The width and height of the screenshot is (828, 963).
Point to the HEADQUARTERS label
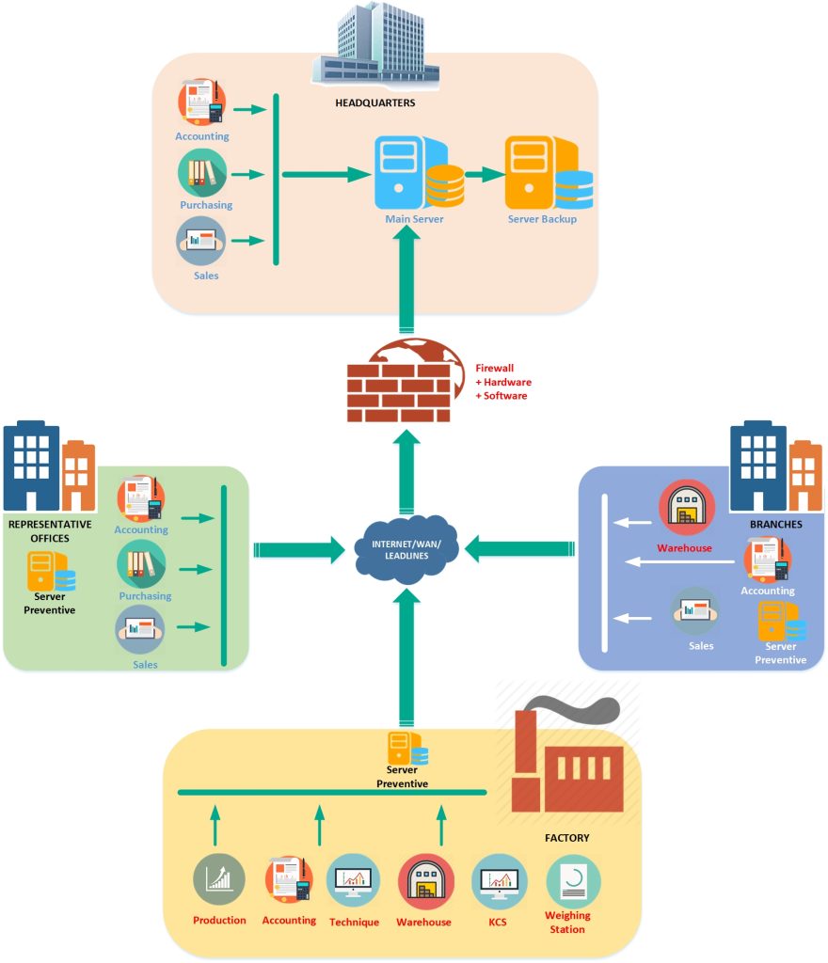pos(374,103)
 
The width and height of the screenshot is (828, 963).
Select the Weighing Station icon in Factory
pos(573,881)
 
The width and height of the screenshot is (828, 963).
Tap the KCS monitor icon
pos(498,881)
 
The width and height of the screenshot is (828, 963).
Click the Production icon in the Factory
pos(219,881)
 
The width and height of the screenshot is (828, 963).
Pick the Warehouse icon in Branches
pos(686,509)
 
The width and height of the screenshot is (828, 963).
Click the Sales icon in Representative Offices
pos(139,629)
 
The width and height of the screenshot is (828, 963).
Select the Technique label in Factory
pos(354,923)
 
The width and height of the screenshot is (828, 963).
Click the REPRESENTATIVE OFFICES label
pos(49,531)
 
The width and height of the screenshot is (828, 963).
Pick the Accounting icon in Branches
pos(767,560)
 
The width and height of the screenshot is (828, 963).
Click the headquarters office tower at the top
pos(375,45)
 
